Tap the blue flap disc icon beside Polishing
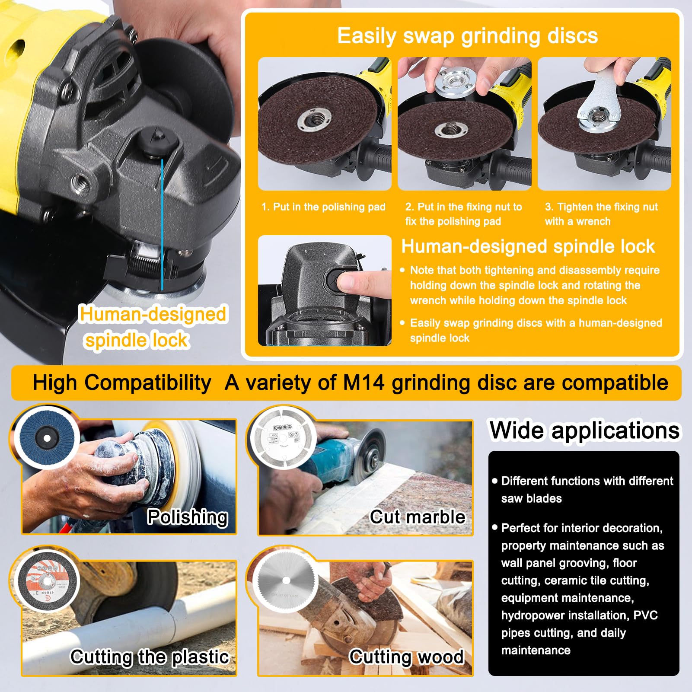point(47,438)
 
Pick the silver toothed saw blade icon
point(285,580)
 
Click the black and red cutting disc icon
point(47,579)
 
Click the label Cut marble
point(418,517)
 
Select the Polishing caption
point(187,517)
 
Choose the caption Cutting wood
point(406,657)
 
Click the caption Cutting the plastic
point(150,657)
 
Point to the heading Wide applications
point(584,431)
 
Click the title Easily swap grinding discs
point(467,35)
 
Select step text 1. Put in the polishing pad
point(323,207)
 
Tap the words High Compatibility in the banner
point(122,383)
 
